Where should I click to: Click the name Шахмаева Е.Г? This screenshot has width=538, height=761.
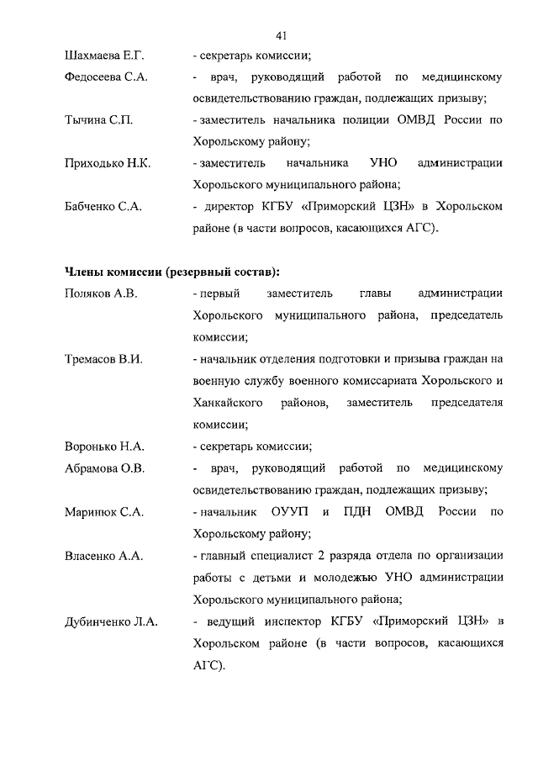click(x=105, y=56)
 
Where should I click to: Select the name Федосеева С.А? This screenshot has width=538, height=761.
click(x=106, y=77)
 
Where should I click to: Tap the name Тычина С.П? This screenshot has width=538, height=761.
click(x=98, y=120)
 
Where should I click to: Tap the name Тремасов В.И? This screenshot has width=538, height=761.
click(x=103, y=359)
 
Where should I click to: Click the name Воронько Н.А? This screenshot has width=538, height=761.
click(x=104, y=446)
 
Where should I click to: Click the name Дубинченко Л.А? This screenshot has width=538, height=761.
click(x=112, y=622)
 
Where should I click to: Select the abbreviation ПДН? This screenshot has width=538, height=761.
click(x=363, y=511)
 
